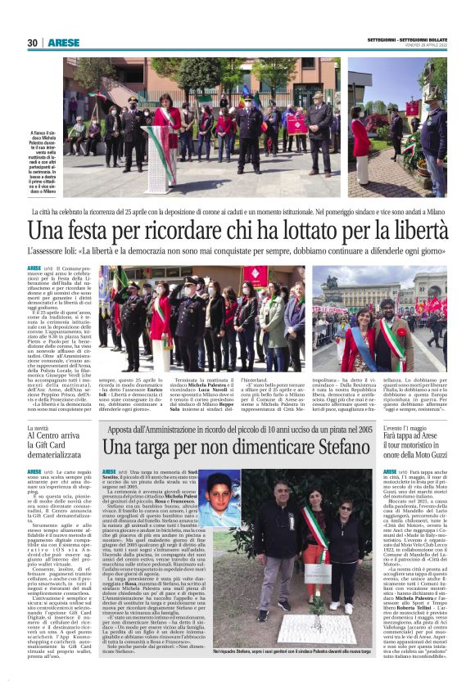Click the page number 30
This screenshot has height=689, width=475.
[x=32, y=43]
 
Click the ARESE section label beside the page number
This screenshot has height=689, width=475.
[x=63, y=43]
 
